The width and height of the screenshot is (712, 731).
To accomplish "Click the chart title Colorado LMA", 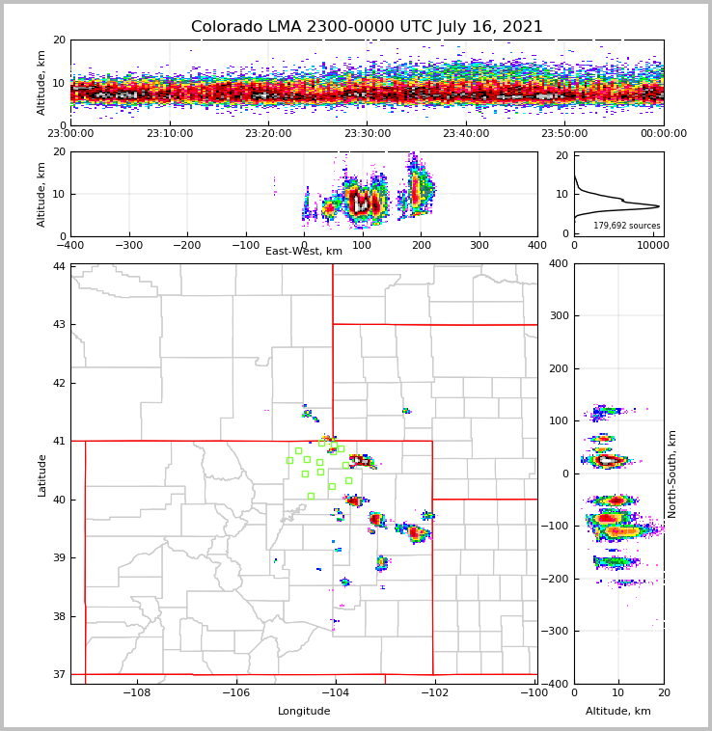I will [367, 27].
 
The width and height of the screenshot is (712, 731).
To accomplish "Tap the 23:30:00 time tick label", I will [367, 134].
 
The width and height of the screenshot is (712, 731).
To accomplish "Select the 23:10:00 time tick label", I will [169, 134].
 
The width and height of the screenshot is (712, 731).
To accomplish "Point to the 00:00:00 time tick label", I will [663, 134].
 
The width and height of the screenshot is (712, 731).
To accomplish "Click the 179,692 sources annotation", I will [626, 226].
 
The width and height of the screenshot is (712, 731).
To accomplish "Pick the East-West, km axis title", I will [304, 252].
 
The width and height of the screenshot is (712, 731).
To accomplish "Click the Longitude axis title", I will [304, 712].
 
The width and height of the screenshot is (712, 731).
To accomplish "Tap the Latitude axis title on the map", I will [42, 474].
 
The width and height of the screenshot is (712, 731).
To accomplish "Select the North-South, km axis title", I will [673, 474].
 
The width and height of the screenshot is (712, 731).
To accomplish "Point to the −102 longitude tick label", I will [433, 692].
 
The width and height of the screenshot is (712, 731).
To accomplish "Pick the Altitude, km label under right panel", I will [618, 712].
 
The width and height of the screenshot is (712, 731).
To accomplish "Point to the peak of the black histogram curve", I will [659, 205].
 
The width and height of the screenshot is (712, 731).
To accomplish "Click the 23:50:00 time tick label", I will [564, 134].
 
